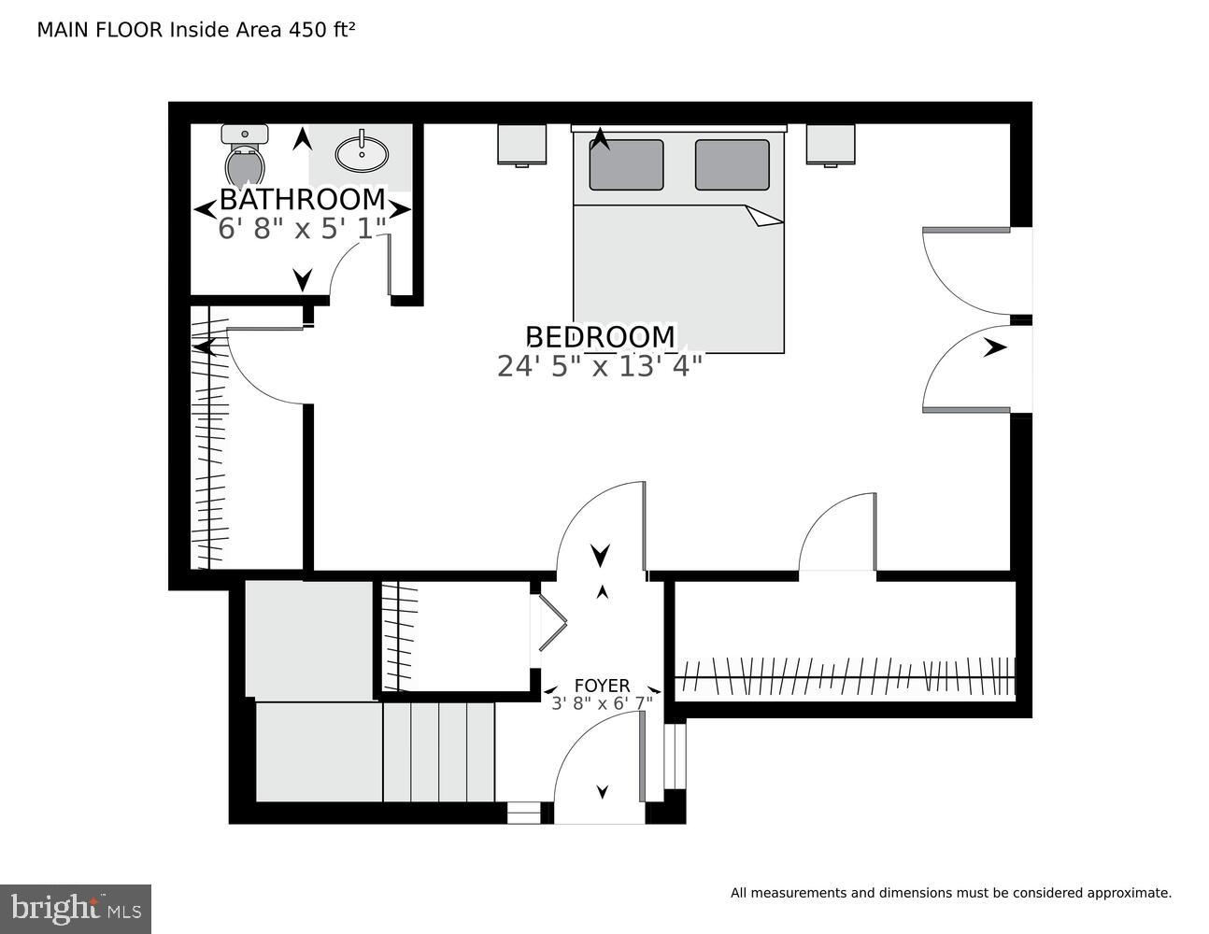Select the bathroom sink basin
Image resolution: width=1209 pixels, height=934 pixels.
362,154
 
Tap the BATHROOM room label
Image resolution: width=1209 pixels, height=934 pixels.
302,200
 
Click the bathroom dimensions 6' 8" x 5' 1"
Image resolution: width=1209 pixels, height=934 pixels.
302,229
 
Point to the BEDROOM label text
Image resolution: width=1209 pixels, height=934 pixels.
600,337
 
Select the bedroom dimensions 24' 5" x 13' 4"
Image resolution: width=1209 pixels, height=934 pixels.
599,366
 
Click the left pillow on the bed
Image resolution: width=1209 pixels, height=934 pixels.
626,165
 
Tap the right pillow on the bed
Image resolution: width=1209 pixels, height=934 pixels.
732,165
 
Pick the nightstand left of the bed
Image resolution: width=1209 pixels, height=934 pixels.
520,145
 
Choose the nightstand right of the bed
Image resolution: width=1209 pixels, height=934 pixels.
831,145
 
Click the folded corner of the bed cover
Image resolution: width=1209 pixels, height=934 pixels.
765,217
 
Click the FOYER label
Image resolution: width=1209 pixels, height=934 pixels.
602,686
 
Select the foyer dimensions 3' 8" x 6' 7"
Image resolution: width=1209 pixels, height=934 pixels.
602,703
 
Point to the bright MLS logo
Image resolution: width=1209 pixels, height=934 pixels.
76,909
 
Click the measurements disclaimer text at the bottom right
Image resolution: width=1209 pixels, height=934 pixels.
950,893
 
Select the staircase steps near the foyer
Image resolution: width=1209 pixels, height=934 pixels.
438,752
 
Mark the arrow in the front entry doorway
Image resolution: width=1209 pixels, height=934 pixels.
603,792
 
